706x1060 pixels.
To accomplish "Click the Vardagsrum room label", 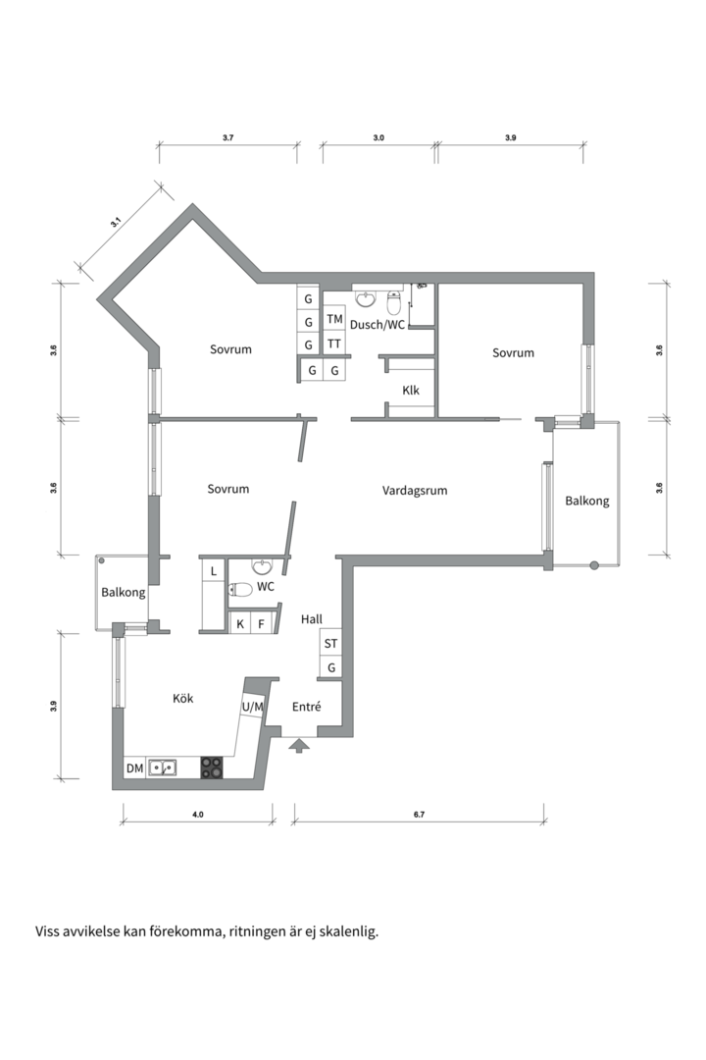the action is click(415, 491).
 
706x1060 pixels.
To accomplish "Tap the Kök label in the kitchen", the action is click(183, 698).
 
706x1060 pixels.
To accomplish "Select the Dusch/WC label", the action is click(377, 325).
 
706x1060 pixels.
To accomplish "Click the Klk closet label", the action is click(411, 390).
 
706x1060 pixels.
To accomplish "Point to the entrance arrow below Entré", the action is click(299, 745).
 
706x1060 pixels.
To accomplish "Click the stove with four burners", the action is click(212, 768).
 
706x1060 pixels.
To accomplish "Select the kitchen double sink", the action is click(163, 768).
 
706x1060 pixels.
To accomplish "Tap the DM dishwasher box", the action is click(135, 768).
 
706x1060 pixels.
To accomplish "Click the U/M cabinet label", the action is click(253, 707).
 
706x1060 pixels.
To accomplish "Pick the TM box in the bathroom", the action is click(334, 318).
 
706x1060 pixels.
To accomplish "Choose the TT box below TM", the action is click(334, 344).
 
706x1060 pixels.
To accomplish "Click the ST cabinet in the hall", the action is click(330, 644).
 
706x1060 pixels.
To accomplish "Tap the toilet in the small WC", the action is click(240, 590).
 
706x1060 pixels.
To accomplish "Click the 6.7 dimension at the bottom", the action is click(419, 815).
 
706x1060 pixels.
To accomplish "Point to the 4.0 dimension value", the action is click(197, 815).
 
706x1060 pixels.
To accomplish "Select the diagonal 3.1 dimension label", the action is click(116, 221).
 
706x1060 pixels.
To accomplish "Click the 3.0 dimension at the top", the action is click(378, 138).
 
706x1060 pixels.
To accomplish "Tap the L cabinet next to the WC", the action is click(214, 571).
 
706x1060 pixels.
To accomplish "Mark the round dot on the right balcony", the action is click(594, 565).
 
